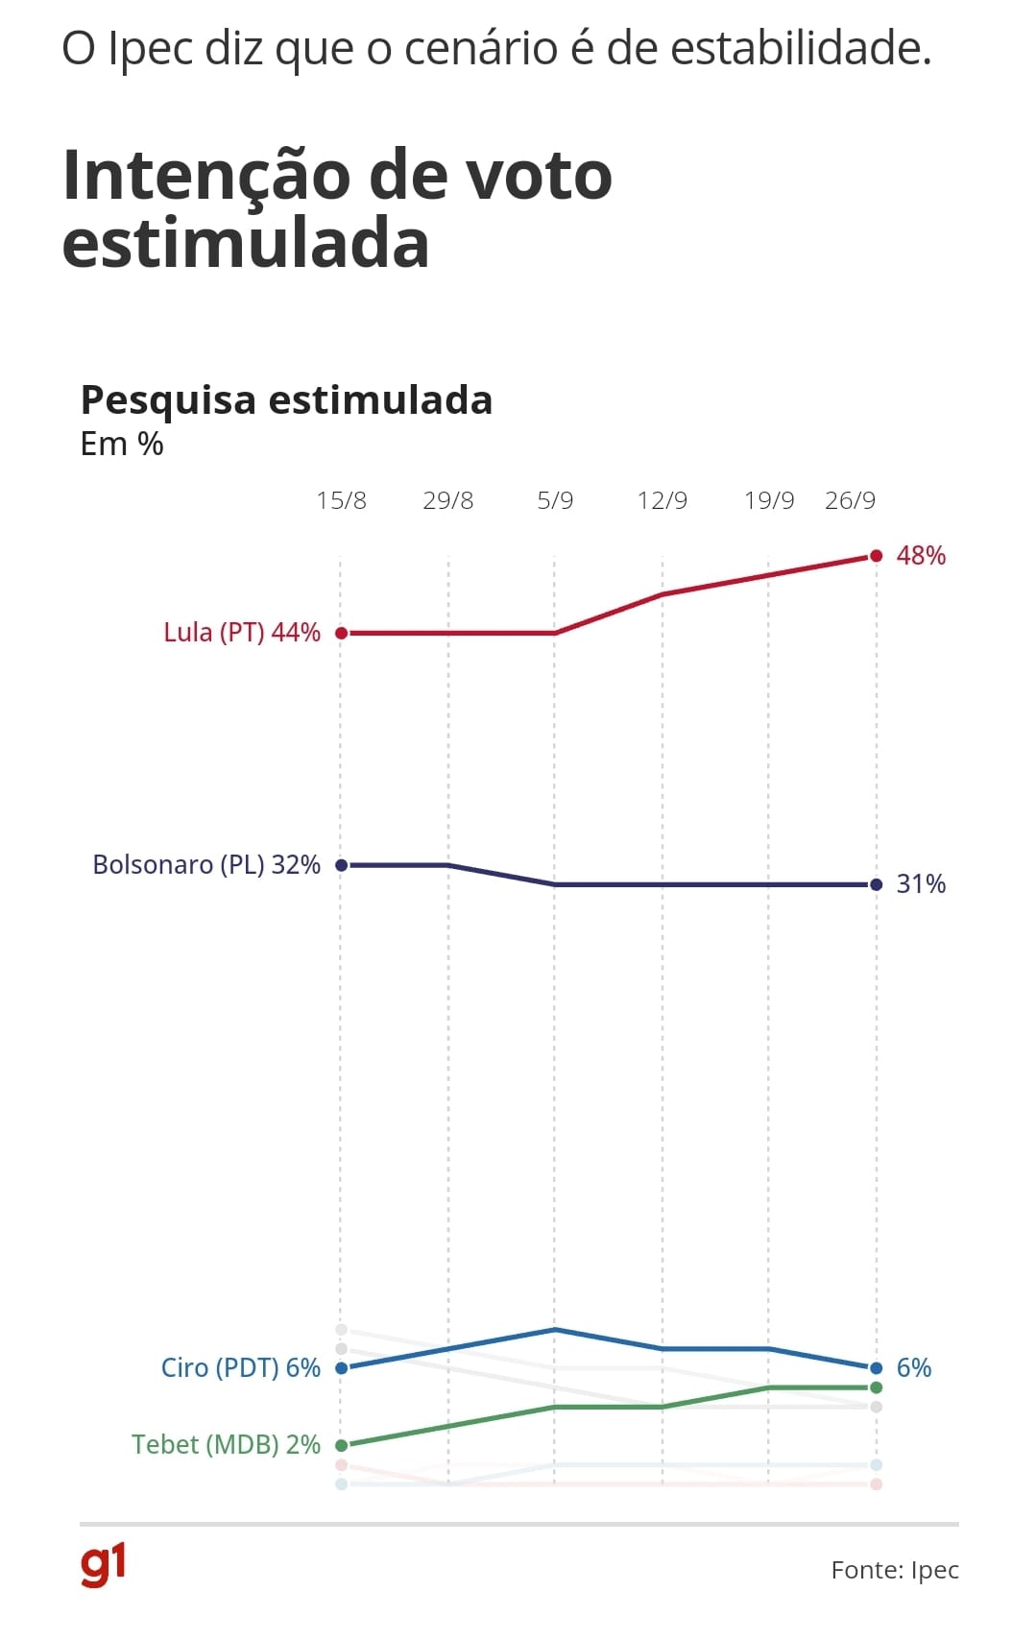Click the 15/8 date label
click(341, 500)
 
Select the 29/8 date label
click(447, 500)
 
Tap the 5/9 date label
click(555, 500)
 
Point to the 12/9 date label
click(663, 500)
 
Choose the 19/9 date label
click(769, 500)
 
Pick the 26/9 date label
click(850, 500)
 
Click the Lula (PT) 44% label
click(242, 633)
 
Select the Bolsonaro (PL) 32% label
click(206, 864)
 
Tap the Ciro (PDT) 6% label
click(240, 1367)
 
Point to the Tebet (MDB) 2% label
click(226, 1444)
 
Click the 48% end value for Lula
click(921, 556)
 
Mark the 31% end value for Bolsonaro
click(921, 884)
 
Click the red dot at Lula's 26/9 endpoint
click(876, 556)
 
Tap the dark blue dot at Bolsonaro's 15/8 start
click(341, 865)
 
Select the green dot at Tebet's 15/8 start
click(341, 1445)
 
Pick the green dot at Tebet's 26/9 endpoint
click(876, 1387)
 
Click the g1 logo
click(103, 1565)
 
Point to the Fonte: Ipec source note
click(895, 1570)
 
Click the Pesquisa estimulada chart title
click(286, 399)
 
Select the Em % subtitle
click(122, 445)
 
